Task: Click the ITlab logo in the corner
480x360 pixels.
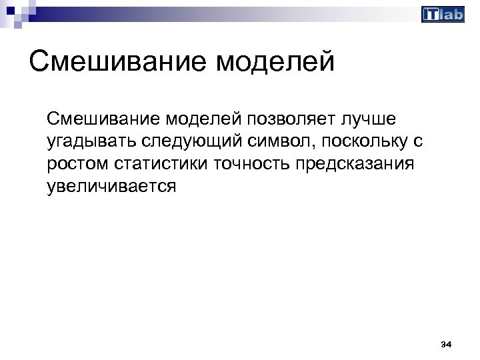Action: pyautogui.click(x=443, y=15)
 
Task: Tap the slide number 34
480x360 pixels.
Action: pyautogui.click(x=447, y=345)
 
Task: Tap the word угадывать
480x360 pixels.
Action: pyautogui.click(x=91, y=141)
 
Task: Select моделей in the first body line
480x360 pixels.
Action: pyautogui.click(x=195, y=119)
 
